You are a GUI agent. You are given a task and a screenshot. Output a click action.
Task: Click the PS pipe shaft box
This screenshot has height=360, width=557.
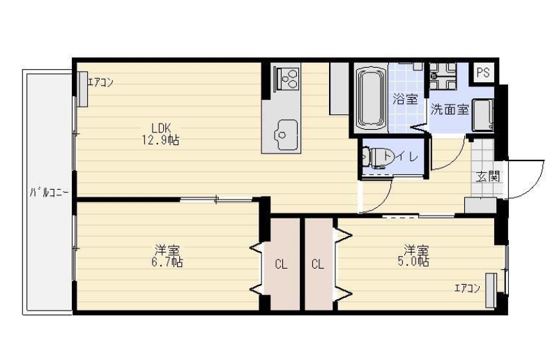[483, 73]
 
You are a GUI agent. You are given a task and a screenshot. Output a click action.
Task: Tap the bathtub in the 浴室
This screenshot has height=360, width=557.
[371, 98]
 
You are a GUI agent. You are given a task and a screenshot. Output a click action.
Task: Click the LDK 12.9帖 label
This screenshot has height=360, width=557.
[160, 134]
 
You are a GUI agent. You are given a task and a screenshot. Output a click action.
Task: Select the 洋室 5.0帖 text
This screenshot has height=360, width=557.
[413, 255]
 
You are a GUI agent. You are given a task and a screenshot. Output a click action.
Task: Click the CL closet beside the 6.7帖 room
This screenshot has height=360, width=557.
[281, 264]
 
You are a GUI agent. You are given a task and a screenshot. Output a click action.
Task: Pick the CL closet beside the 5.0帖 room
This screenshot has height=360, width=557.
[319, 264]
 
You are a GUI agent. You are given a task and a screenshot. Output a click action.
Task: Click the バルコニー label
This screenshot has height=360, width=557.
[49, 193]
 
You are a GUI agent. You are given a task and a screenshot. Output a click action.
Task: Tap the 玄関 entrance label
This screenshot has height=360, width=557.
[488, 177]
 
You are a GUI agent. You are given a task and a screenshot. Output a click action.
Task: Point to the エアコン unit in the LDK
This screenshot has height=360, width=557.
[82, 89]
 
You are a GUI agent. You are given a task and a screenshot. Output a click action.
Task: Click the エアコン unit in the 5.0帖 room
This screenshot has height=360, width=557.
[491, 290]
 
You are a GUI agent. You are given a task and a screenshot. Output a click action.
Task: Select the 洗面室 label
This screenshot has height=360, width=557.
[450, 110]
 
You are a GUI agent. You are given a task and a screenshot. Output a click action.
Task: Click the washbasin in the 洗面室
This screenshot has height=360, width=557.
[483, 115]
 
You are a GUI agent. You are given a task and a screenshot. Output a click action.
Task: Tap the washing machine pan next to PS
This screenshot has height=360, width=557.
[443, 76]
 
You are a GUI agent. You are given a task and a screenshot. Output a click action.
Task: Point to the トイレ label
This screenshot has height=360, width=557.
[402, 156]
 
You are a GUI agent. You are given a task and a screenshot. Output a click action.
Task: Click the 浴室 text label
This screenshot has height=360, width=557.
[405, 99]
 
